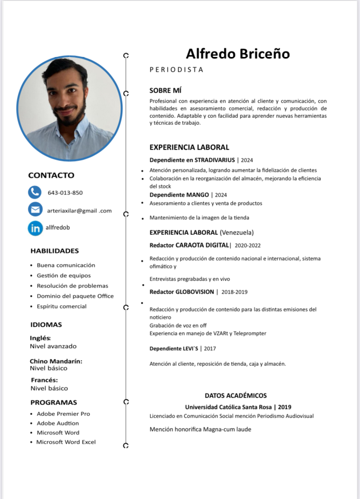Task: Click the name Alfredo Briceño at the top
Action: pyautogui.click(x=238, y=54)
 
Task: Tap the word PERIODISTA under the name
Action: pyautogui.click(x=176, y=70)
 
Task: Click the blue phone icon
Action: pyautogui.click(x=35, y=192)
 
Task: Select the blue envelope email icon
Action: pyautogui.click(x=35, y=209)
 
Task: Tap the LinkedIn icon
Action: pyautogui.click(x=35, y=228)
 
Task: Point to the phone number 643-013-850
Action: pyautogui.click(x=65, y=193)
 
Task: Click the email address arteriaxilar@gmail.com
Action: pyautogui.click(x=79, y=211)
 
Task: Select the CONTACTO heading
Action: pyautogui.click(x=51, y=175)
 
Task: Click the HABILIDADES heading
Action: pyautogui.click(x=55, y=251)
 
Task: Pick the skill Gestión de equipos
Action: pyautogui.click(x=63, y=275)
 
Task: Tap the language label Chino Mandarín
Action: pyautogui.click(x=56, y=361)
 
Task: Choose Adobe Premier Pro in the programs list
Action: pyautogui.click(x=63, y=414)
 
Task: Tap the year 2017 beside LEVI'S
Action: pyautogui.click(x=209, y=348)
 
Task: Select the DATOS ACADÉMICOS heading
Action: pyautogui.click(x=236, y=395)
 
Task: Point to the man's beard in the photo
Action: pyautogui.click(x=68, y=117)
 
